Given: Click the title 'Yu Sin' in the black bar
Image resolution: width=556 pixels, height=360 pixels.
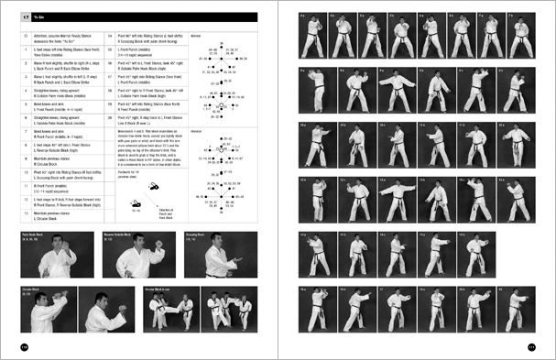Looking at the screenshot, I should pyautogui.click(x=44, y=16).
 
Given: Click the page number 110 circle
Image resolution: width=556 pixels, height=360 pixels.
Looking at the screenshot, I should pyautogui.click(x=25, y=345).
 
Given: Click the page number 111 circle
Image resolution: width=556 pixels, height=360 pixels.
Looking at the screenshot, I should pyautogui.click(x=530, y=345).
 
